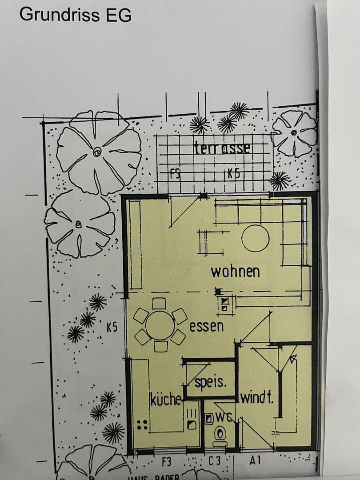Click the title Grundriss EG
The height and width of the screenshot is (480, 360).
pos(76,15)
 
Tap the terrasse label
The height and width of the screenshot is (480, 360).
pos(222,148)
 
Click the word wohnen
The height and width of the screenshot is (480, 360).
pos(235,271)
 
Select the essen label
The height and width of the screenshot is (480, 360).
pos(207,327)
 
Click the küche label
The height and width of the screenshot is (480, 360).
pos(165,399)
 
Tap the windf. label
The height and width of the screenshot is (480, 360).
pos(257,397)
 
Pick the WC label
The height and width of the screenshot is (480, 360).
pos(222,417)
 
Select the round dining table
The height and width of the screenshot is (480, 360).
pos(160,325)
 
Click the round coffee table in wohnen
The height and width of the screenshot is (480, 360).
pos(256,239)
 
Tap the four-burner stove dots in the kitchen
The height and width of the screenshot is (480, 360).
pos(142,425)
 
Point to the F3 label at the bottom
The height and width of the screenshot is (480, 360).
pos(166,462)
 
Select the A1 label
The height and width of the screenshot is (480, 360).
pos(255,461)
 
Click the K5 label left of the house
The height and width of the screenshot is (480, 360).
pos(112,328)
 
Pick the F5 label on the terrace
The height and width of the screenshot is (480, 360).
pos(176,174)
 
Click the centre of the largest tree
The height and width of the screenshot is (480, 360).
pos(97,152)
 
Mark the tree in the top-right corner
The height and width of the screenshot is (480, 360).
pos(294,133)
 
